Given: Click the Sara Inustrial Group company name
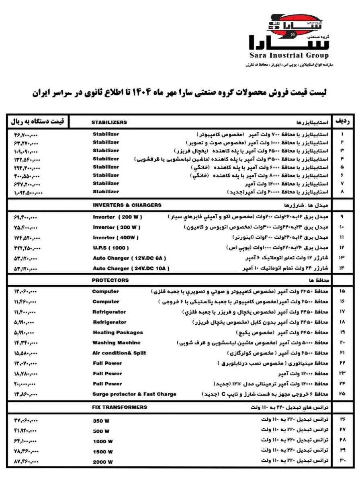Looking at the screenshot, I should click(288, 56).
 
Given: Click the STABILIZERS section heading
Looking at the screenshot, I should click(109, 122).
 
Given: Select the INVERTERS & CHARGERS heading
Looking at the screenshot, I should click(127, 205).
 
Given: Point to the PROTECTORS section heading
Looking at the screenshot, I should click(110, 280).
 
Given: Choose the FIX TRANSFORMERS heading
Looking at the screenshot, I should click(120, 407).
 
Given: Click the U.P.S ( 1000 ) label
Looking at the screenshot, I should click(111, 248).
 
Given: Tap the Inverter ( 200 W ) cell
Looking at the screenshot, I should click(117, 217).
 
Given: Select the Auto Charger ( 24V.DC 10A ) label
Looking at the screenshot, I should click(131, 268).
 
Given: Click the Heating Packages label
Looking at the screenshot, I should click(118, 332).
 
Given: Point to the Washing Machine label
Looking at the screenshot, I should click(117, 343).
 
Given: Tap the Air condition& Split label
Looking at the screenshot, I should click(119, 353).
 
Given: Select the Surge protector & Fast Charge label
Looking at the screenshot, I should click(134, 394).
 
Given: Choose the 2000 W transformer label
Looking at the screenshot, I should click(102, 462).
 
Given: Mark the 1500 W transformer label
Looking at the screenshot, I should click(102, 452).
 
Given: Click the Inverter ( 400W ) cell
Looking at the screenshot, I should click(116, 237).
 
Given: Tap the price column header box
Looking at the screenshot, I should click(37, 121).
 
